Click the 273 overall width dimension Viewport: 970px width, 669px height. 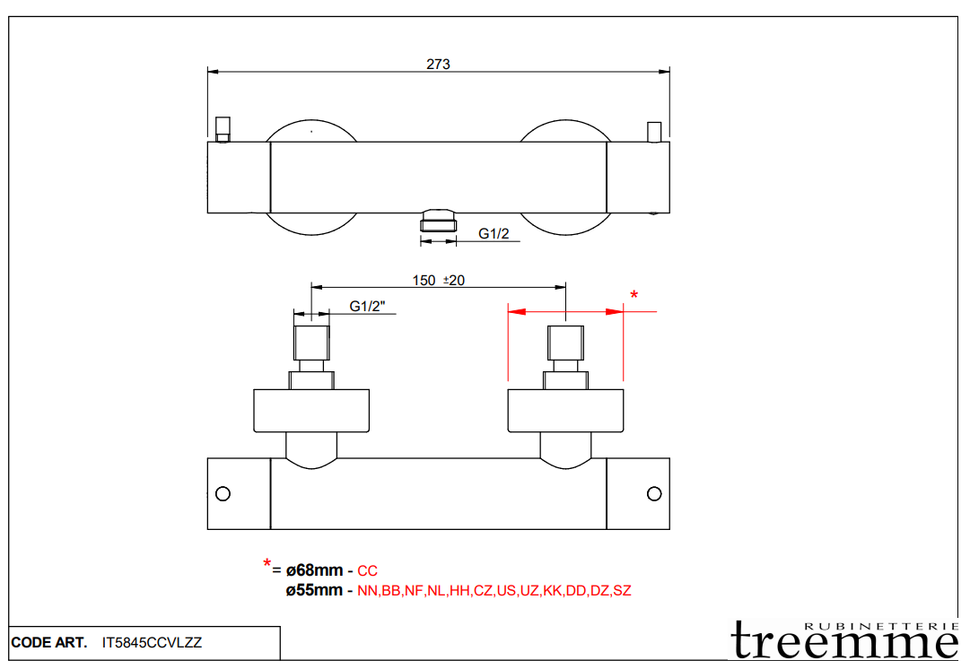[438, 64]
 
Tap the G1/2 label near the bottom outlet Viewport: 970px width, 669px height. [494, 233]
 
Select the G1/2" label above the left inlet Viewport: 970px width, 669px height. [367, 307]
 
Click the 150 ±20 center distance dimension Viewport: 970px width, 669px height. [438, 280]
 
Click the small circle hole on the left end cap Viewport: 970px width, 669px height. [223, 493]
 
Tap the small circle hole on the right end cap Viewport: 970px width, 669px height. [654, 493]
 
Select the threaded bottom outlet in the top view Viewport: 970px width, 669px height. [439, 221]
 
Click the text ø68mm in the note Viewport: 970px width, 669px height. [314, 570]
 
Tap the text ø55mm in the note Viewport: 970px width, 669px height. [314, 590]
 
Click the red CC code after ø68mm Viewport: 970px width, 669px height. [367, 570]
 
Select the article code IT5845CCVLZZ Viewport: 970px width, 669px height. [153, 643]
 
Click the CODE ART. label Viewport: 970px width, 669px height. [49, 643]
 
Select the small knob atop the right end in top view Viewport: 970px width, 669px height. [654, 132]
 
